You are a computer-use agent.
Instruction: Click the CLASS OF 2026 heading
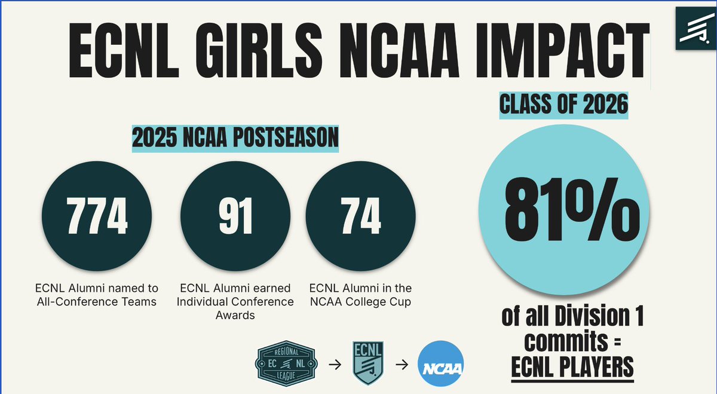564,106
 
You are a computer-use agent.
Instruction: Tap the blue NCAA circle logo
441,365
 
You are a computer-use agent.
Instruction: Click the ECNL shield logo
368,364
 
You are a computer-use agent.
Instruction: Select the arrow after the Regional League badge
335,364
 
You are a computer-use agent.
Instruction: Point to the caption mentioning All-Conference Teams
97,295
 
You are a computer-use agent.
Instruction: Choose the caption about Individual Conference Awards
235,301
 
